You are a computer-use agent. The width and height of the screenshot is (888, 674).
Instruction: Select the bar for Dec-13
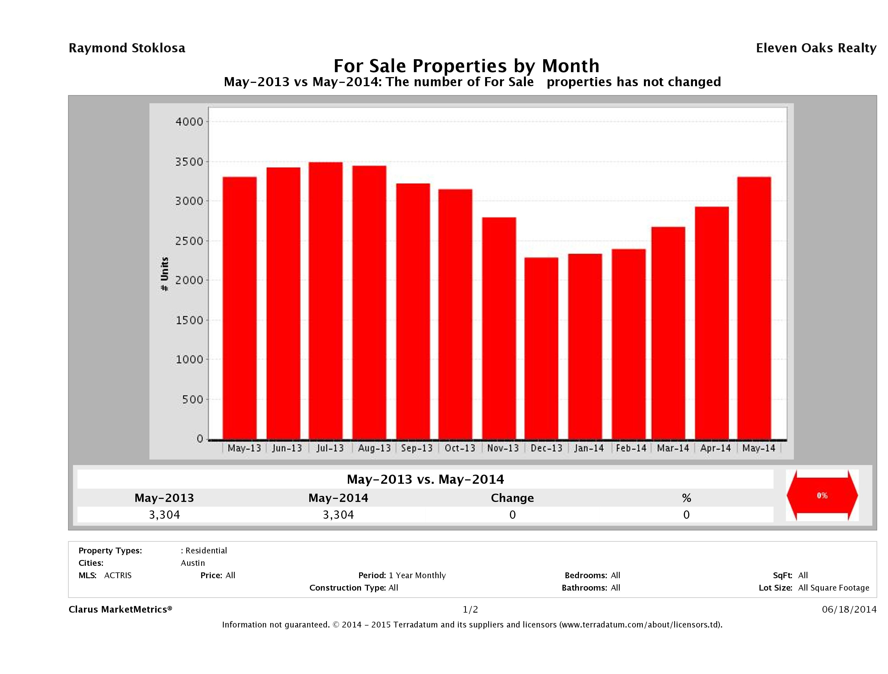point(541,348)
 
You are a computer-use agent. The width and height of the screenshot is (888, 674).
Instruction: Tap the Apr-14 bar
point(712,323)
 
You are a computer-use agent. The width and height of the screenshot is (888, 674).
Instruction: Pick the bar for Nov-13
point(499,328)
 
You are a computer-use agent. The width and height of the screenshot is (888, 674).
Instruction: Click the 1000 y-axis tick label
point(190,360)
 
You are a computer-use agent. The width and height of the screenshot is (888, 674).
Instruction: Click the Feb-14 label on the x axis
point(631,448)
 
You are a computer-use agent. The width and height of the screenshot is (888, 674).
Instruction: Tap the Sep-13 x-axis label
point(417,448)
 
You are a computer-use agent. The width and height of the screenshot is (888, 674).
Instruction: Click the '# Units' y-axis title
point(165,274)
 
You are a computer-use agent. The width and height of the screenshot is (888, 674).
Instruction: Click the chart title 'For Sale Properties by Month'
point(466,66)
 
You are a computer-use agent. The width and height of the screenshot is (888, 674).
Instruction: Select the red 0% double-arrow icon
point(822,495)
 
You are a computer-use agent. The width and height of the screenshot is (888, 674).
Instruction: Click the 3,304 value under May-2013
point(164,515)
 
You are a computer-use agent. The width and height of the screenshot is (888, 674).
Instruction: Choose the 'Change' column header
point(512,498)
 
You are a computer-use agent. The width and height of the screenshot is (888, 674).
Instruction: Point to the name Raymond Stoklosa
point(127,48)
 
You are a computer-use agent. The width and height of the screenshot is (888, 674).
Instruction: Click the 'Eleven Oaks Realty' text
point(816,48)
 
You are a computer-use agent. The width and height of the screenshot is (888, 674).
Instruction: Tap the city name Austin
point(193,563)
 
